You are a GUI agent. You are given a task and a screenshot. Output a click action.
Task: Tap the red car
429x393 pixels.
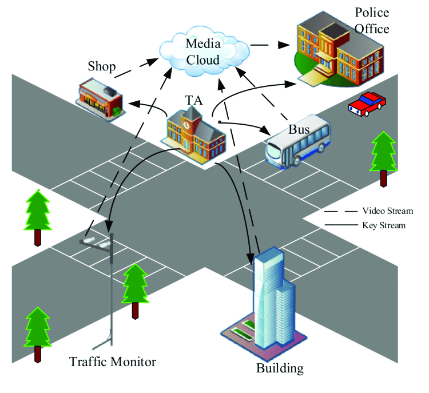point(367,104)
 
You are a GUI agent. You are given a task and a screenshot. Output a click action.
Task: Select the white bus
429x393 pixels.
point(297,141)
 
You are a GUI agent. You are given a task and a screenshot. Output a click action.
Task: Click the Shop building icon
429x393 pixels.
point(100,100)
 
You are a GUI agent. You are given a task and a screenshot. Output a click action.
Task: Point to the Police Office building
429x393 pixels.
point(339,49)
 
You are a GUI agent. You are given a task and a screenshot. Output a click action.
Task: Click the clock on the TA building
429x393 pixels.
point(186,125)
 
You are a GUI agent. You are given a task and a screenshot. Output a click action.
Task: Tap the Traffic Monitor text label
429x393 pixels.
point(113,362)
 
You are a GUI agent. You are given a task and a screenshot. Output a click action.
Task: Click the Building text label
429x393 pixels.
point(280,368)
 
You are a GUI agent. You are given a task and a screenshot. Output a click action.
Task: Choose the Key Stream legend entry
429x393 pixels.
point(366,225)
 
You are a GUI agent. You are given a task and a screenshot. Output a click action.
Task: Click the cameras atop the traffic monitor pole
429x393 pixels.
point(96,242)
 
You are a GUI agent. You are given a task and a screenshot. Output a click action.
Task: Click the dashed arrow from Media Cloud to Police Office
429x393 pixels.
point(270,45)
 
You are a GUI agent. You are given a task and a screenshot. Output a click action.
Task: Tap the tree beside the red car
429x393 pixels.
point(383,159)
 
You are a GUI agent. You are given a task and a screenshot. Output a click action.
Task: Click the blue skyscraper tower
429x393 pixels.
point(274,298)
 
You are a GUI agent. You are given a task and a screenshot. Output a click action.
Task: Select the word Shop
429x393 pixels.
point(101,66)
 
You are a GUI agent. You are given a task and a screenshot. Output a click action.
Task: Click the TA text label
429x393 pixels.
point(194,101)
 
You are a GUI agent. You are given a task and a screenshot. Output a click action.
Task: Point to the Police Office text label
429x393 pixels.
point(372,21)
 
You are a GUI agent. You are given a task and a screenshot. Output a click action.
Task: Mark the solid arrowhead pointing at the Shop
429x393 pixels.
point(134,104)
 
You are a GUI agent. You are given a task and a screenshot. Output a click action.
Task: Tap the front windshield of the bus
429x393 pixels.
point(273,152)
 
